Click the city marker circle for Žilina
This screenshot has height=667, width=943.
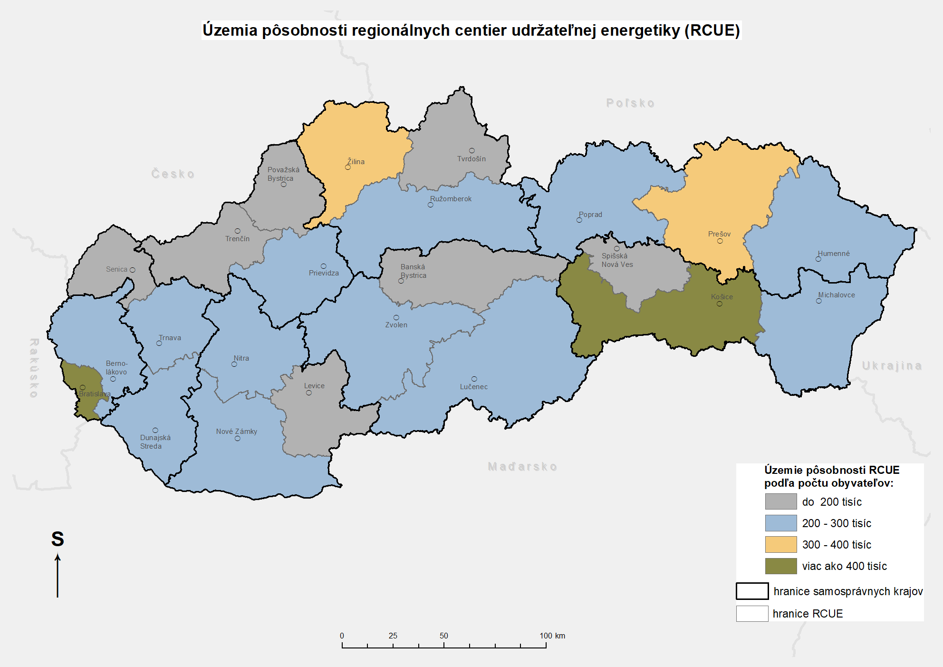point(348,167)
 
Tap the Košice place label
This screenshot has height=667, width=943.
point(722,296)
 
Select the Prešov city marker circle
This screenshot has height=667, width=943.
point(720,241)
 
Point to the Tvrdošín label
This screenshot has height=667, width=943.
point(471,159)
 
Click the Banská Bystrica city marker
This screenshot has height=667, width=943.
point(401,281)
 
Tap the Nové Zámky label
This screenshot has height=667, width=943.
point(236,432)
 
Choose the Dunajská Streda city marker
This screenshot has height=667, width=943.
point(155,430)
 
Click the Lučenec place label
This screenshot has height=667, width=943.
point(473,387)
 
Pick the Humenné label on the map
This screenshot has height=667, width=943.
point(833,254)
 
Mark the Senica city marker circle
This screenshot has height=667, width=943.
point(133,270)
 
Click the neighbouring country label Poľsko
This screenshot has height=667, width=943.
point(630,103)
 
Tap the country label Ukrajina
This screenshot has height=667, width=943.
point(892,366)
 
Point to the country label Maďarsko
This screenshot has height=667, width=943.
point(522,467)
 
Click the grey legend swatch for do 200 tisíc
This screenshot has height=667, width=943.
point(780,501)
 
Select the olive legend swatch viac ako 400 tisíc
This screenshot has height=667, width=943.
point(780,566)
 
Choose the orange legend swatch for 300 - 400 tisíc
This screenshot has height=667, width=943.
point(780,544)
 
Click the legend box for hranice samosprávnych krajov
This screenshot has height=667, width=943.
point(752,591)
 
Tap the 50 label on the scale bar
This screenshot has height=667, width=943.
point(443,636)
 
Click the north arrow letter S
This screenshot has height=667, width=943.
point(58,539)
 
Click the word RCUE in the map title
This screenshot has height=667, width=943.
point(712,30)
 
